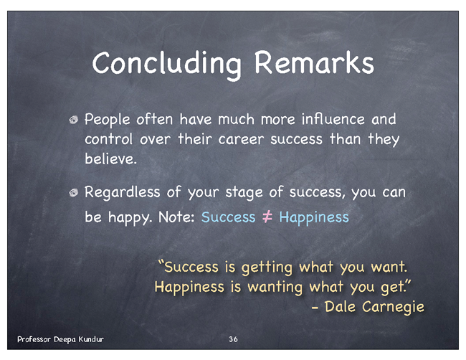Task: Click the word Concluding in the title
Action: click(x=167, y=64)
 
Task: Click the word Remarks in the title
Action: click(x=314, y=62)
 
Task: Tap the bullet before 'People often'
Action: click(x=73, y=120)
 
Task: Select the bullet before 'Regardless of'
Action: click(x=73, y=193)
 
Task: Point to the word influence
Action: click(x=333, y=119)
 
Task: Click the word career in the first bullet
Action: click(x=241, y=139)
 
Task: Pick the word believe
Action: click(x=110, y=158)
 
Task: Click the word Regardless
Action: click(x=123, y=193)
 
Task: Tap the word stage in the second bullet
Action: click(x=244, y=193)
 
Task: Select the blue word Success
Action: click(x=228, y=217)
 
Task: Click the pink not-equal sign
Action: click(x=267, y=217)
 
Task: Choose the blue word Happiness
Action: click(x=314, y=217)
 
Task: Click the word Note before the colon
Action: click(x=175, y=217)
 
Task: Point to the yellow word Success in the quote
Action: click(x=191, y=267)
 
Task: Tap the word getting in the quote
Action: click(x=267, y=267)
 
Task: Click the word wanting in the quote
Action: click(x=275, y=288)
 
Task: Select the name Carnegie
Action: click(x=393, y=307)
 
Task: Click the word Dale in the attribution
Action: click(x=340, y=306)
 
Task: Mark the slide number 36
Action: click(x=233, y=339)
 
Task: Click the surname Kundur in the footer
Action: click(x=91, y=339)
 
